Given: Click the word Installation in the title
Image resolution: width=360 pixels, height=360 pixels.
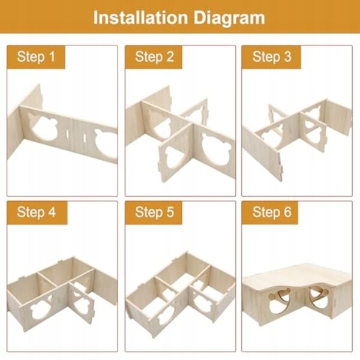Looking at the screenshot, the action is click(141, 17).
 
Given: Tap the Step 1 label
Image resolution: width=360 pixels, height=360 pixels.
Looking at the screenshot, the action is click(36, 57).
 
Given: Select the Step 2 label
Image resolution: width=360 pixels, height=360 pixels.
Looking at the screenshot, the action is click(154, 57).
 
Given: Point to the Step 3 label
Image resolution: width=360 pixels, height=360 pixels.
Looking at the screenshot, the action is click(272, 57).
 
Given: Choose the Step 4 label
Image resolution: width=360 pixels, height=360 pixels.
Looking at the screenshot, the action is click(36, 212).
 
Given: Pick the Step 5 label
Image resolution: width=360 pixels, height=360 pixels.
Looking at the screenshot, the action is click(154, 212).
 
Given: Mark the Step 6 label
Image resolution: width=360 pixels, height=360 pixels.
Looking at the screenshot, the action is click(272, 212).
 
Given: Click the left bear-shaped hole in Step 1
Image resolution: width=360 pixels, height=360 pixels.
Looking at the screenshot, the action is click(44, 127).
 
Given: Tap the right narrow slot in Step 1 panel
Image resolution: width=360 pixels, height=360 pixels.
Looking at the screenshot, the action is click(84, 137).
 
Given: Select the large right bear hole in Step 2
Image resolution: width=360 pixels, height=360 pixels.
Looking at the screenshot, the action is click(215, 150).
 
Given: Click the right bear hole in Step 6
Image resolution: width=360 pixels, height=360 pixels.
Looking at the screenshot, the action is click(319, 298).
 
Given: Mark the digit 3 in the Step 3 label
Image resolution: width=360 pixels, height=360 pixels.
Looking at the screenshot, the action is click(287, 57).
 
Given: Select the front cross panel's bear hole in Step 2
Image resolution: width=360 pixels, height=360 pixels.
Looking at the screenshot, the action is click(175, 155).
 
